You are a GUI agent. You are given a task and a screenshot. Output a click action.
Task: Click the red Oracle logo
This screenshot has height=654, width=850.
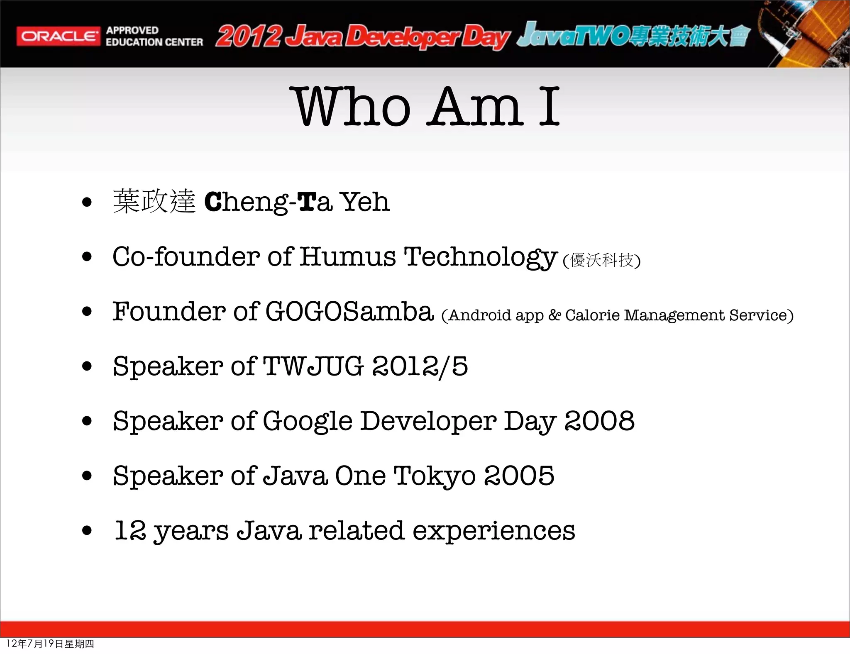pos(58,36)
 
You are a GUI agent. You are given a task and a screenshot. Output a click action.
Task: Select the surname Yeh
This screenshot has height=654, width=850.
pos(365,202)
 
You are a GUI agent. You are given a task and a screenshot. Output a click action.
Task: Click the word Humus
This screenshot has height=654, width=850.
pos(347,256)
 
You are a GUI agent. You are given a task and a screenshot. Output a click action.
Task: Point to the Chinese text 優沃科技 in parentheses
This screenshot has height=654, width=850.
pos(601,260)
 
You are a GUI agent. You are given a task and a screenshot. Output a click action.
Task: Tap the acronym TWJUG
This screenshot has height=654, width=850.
pos(313,366)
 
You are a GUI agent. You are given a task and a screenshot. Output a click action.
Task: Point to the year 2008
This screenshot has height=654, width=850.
pos(599,421)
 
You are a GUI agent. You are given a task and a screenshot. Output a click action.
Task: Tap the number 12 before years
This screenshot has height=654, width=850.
pos(130,530)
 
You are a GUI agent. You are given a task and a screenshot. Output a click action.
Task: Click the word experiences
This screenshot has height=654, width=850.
pos(494,531)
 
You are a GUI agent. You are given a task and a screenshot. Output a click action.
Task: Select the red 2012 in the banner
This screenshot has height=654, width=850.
pos(248,37)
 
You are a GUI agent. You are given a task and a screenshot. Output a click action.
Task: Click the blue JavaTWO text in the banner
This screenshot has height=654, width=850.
pos(573,36)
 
